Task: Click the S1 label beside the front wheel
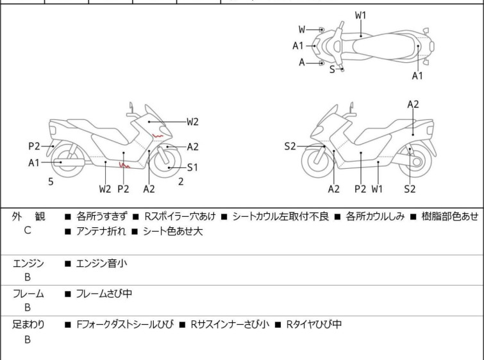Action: [193, 167]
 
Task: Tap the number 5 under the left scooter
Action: [51, 182]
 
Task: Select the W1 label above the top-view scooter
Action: [361, 14]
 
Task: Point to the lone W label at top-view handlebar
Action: [302, 30]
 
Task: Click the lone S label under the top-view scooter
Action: [332, 69]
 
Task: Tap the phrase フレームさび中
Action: [104, 294]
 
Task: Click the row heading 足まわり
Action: [28, 325]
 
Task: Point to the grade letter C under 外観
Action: [28, 231]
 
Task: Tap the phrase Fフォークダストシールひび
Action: [124, 325]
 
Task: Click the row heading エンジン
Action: [28, 263]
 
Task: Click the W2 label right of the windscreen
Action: [192, 121]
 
